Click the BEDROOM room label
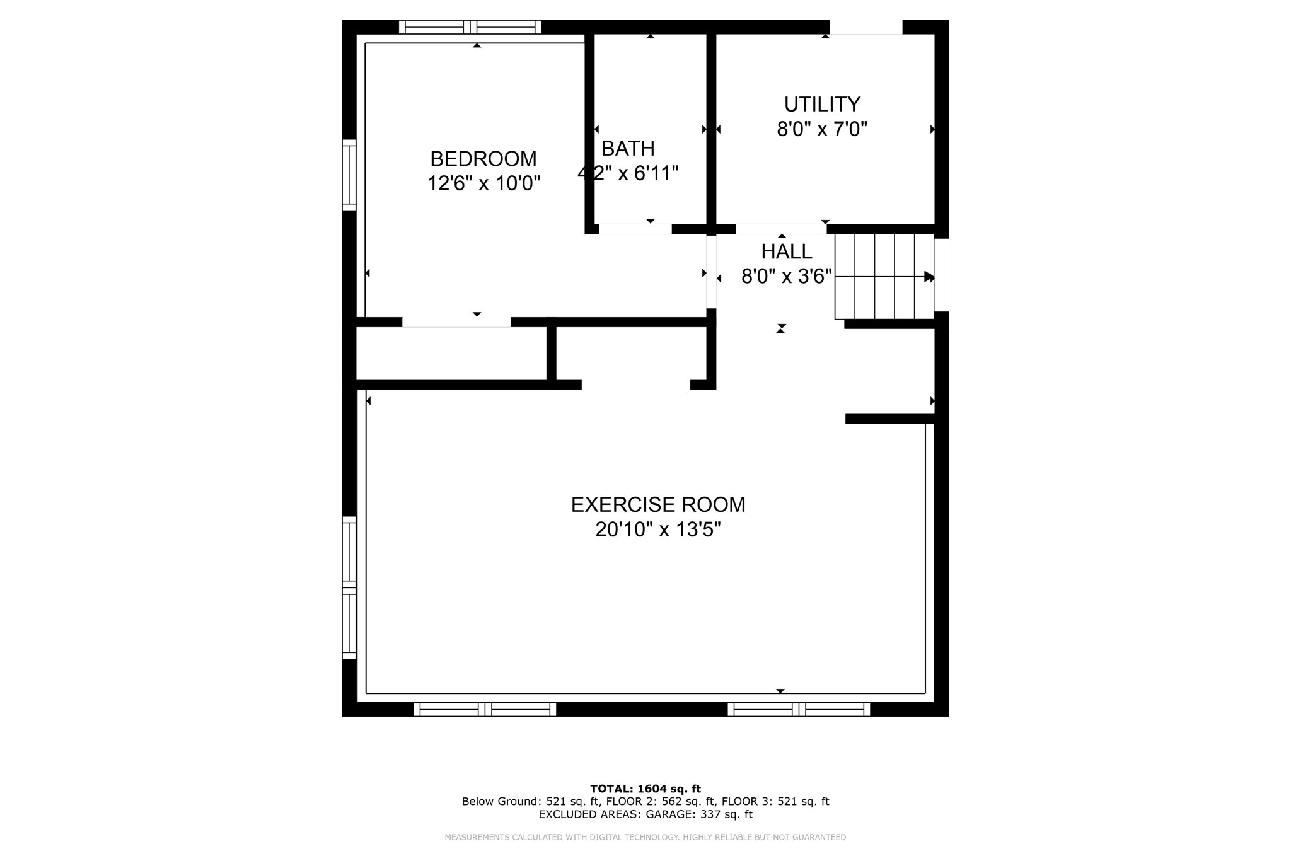[x=483, y=158]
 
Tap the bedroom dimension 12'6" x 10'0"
[x=483, y=183]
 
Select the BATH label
[x=628, y=149]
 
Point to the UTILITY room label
[x=822, y=104]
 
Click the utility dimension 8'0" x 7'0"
[x=822, y=129]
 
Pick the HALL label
[x=786, y=251]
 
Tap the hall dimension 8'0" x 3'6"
[x=786, y=277]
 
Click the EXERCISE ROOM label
[x=657, y=505]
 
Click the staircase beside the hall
[x=883, y=276]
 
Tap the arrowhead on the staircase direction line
[x=929, y=276]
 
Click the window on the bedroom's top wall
[x=470, y=27]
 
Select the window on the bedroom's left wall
[x=349, y=175]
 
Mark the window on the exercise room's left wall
[x=349, y=587]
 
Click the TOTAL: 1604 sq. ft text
[x=645, y=789]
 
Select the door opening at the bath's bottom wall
[x=635, y=229]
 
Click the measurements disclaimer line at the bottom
[x=645, y=837]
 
